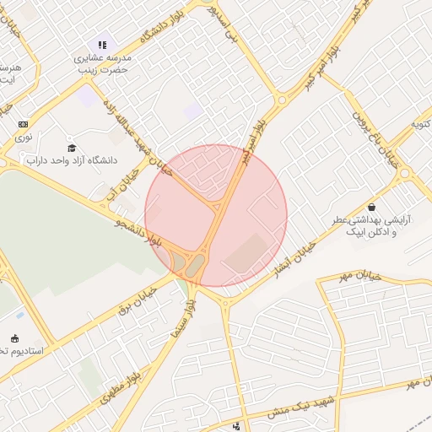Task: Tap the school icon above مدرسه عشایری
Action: (102, 45)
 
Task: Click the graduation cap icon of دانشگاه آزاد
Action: (71, 147)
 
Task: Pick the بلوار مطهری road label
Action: (118, 384)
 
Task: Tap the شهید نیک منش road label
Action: (300, 404)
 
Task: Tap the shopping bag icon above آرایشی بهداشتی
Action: (372, 207)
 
